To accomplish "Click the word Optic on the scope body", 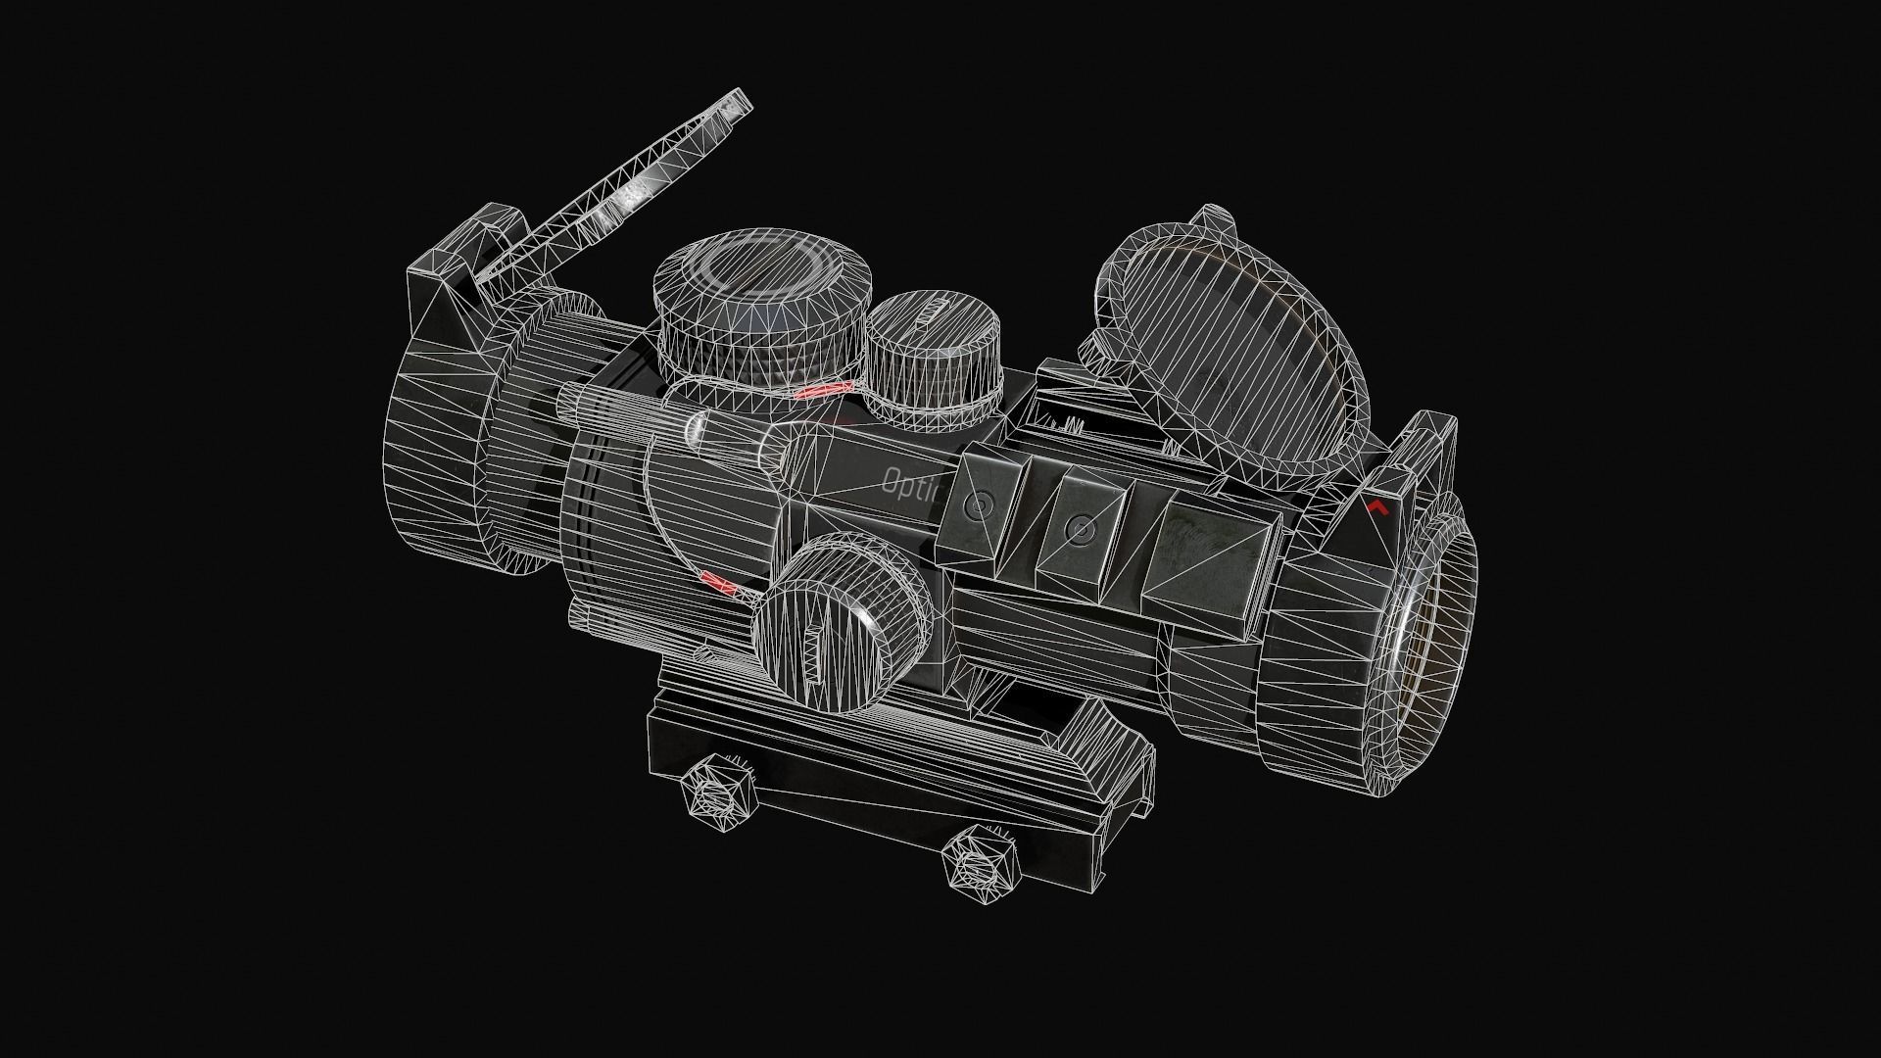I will click(x=911, y=483).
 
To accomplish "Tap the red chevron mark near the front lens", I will click(x=1377, y=506).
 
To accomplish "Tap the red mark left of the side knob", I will click(x=719, y=585).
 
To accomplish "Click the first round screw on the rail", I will click(x=979, y=505).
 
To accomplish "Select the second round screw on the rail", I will click(x=1081, y=529).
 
